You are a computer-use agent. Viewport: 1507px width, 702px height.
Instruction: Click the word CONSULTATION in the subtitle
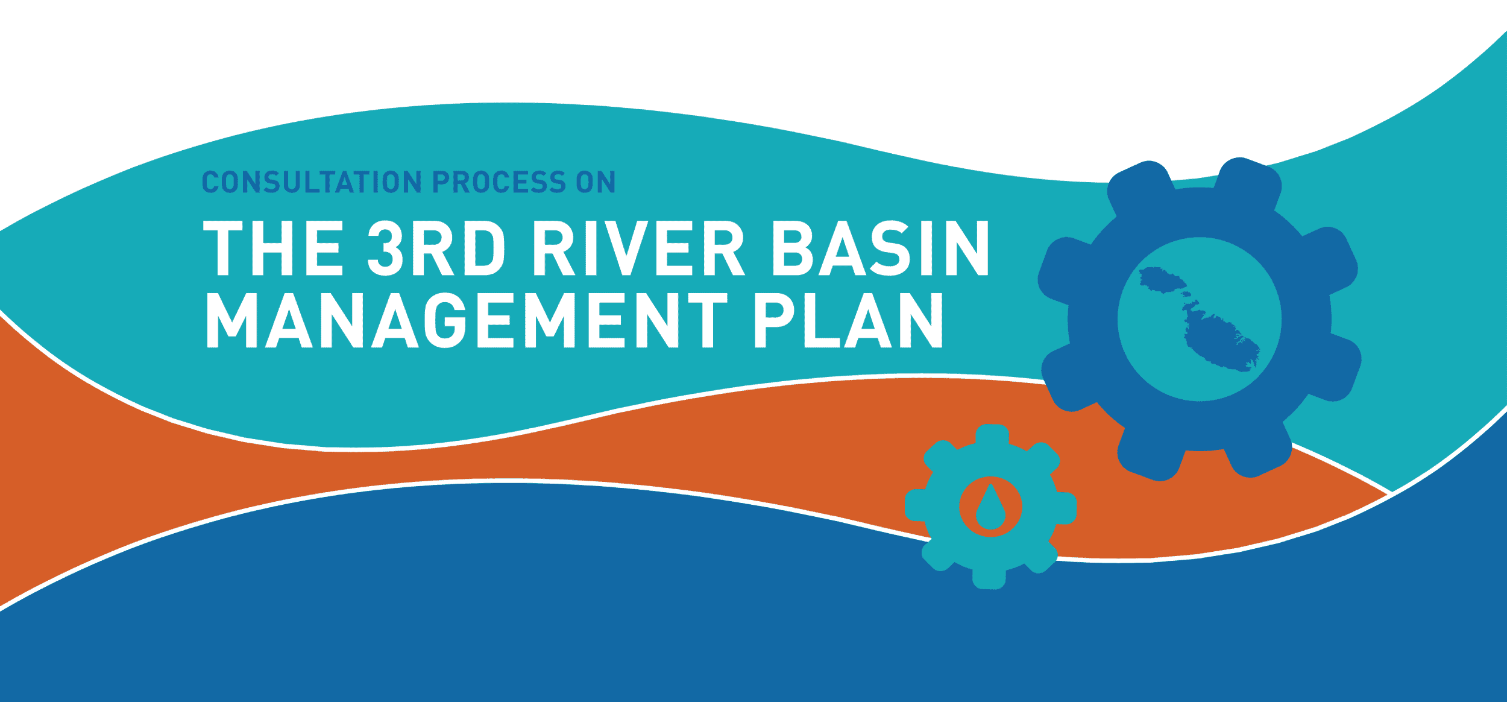pos(312,182)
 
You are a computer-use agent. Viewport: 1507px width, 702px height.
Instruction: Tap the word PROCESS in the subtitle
pos(499,182)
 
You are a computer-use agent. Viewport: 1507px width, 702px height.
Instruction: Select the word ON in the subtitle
pos(596,182)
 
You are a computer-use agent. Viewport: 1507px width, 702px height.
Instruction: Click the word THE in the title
pos(273,248)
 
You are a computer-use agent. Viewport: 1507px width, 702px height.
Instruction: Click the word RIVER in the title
pos(639,248)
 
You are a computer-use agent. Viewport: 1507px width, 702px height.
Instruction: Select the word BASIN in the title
pos(881,248)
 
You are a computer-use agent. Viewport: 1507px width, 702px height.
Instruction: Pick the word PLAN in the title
pos(848,320)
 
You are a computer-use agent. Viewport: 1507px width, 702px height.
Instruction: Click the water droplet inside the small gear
pos(990,507)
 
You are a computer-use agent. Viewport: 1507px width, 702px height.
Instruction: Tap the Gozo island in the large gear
pos(1161,280)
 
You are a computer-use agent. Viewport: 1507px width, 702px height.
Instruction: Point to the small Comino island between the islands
pos(1186,295)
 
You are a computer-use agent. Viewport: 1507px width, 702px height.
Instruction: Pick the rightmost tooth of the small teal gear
pos(1065,508)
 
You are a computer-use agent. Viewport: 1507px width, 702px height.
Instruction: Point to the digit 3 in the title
pos(385,248)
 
